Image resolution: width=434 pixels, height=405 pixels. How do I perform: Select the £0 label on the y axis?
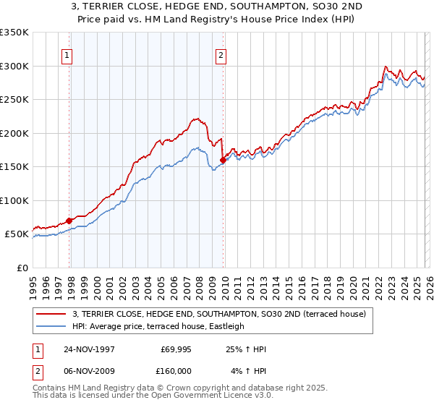22,268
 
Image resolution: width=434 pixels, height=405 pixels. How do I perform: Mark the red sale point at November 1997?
69,221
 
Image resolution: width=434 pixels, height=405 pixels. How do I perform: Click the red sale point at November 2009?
223,161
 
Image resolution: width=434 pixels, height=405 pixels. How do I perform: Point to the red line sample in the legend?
51,314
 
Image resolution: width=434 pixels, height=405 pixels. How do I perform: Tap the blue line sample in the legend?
51,326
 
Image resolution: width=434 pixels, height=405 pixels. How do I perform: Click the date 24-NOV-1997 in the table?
94,349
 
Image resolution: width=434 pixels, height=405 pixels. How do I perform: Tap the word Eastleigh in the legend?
226,326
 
